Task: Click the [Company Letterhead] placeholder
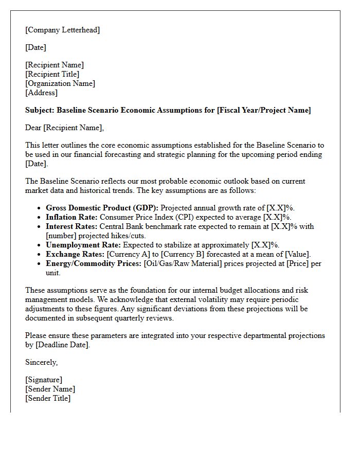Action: [62, 30]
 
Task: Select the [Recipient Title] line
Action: [52, 74]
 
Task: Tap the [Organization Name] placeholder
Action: [60, 83]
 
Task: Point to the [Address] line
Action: [41, 93]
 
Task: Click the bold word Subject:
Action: [40, 110]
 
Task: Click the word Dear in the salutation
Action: [33, 128]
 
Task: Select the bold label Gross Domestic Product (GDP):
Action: [102, 208]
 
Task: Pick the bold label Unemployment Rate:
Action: [83, 245]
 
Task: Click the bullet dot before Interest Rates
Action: [40, 227]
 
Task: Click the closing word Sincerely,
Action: [42, 362]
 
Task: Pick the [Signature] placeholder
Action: [44, 380]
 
